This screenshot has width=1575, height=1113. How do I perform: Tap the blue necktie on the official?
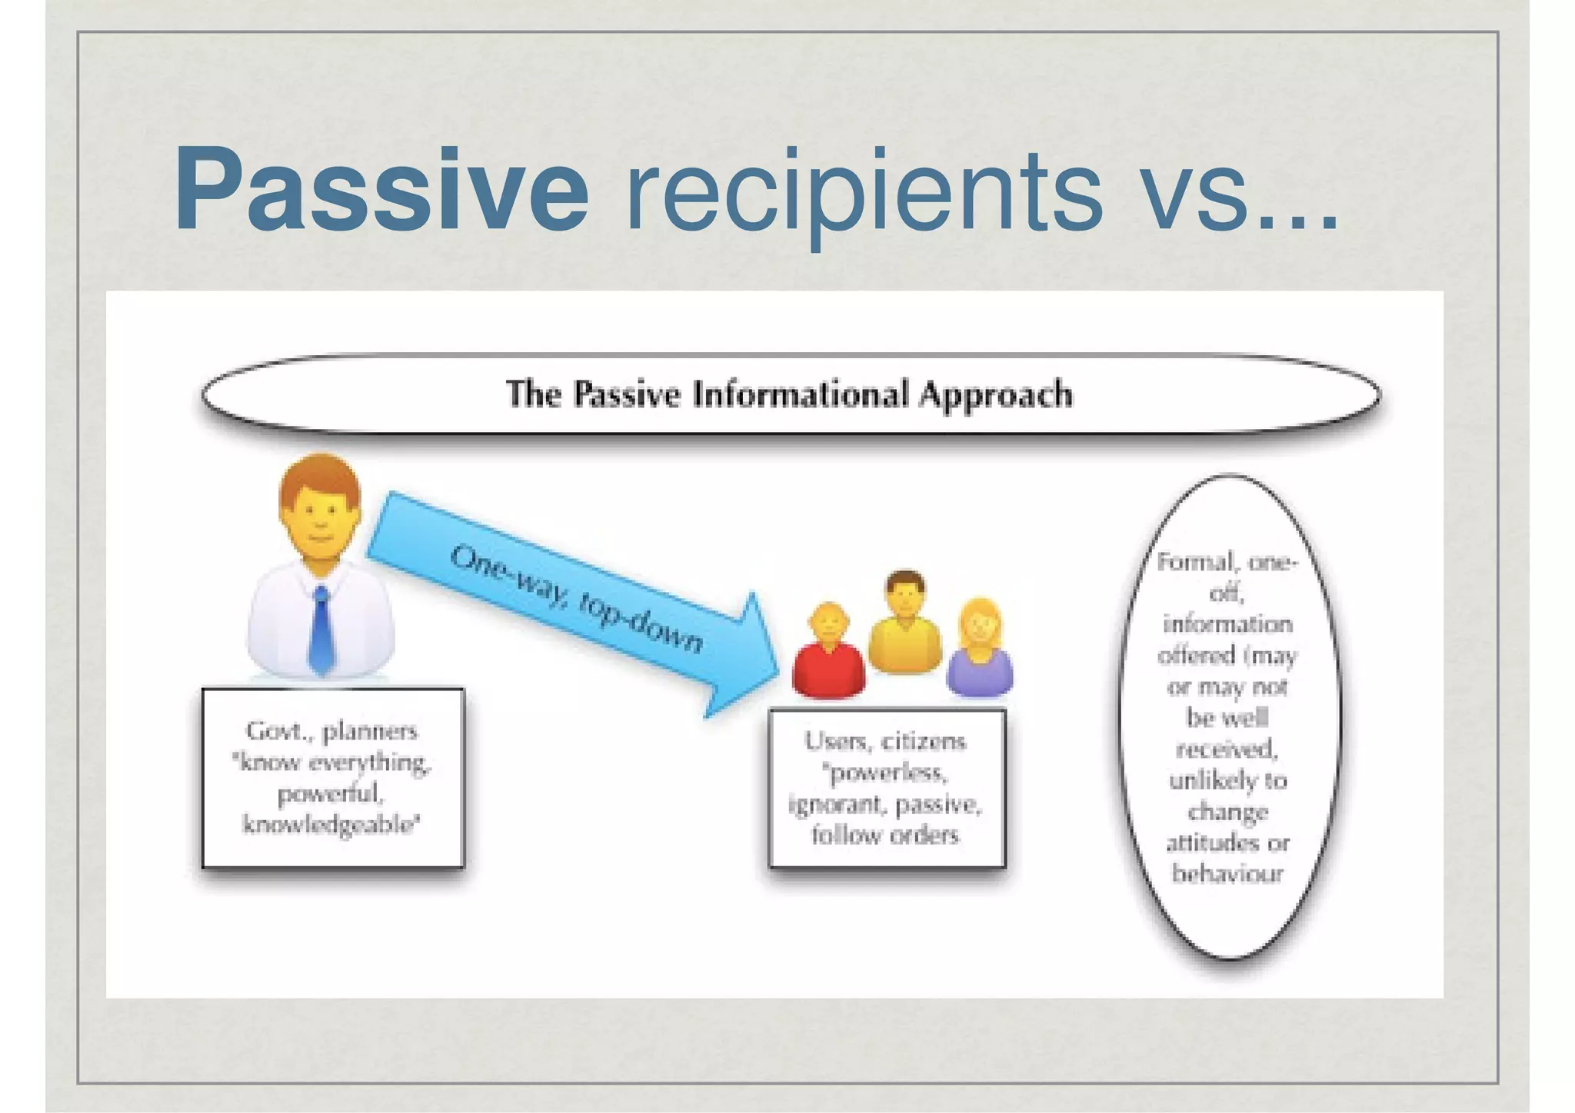tap(321, 630)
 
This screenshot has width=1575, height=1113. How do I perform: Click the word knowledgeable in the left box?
tap(331, 826)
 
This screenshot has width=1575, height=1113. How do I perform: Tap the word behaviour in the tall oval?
tap(1227, 874)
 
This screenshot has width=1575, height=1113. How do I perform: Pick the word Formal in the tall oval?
tap(1194, 562)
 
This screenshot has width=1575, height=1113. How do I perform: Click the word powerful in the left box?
tap(330, 794)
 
